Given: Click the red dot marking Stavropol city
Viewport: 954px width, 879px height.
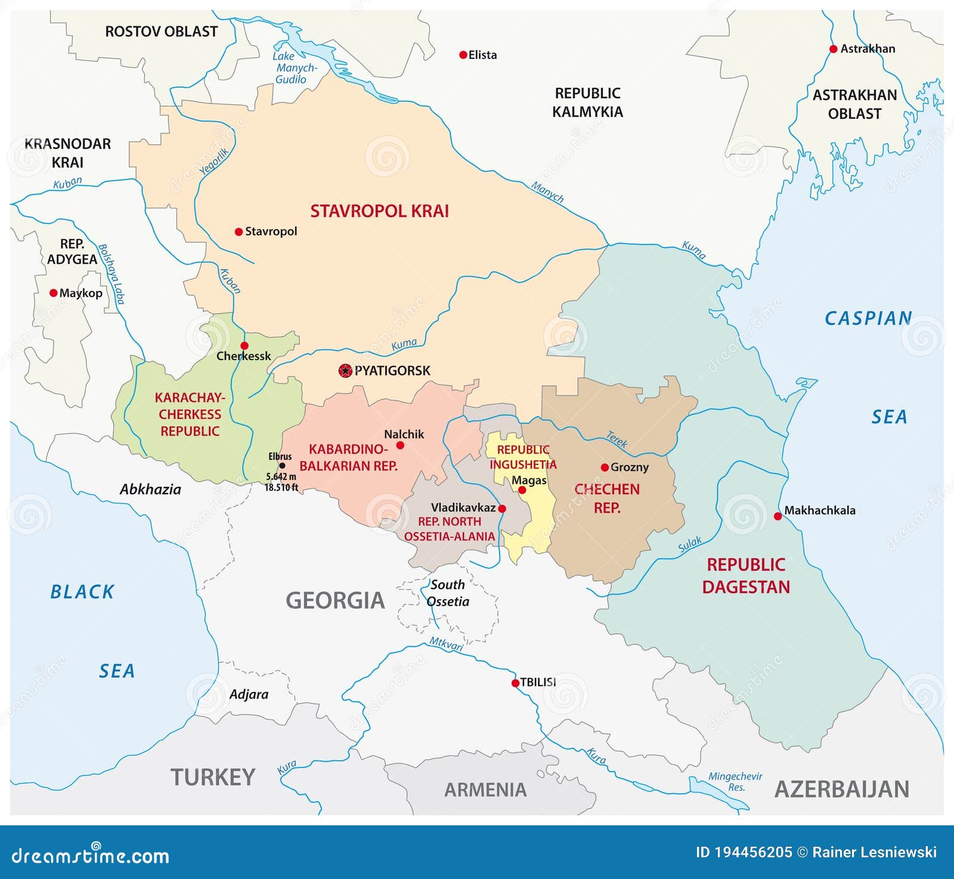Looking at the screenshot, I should [x=238, y=231].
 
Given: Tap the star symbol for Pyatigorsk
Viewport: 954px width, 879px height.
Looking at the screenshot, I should [x=345, y=371].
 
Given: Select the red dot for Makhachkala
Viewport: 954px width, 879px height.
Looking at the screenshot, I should [x=778, y=516].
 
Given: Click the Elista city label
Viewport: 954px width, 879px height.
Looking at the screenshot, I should [x=482, y=55].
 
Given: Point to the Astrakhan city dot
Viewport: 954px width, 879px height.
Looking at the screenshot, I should [x=834, y=49].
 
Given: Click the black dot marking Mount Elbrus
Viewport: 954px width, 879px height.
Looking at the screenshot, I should [x=282, y=466].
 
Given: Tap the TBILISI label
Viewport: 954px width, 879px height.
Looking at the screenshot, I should [x=538, y=682].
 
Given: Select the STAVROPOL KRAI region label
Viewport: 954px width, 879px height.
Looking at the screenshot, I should [x=379, y=211].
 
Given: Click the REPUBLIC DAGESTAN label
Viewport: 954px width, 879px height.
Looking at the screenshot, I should [x=746, y=575].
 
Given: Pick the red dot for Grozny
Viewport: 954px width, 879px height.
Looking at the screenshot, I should [x=605, y=468].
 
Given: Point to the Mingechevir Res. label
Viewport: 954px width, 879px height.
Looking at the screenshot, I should [x=735, y=781].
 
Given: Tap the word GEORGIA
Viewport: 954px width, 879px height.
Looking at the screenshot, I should [x=335, y=601].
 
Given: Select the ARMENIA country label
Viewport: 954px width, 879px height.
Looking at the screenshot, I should [x=485, y=790].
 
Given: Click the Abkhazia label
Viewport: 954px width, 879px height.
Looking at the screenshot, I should [x=150, y=490].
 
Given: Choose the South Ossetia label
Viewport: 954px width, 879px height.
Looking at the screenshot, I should [x=448, y=593].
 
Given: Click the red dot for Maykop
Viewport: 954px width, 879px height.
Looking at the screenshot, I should [x=53, y=293].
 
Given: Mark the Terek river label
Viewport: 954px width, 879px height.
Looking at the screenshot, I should [x=617, y=439].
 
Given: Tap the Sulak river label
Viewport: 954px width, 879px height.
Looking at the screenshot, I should [x=690, y=544].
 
